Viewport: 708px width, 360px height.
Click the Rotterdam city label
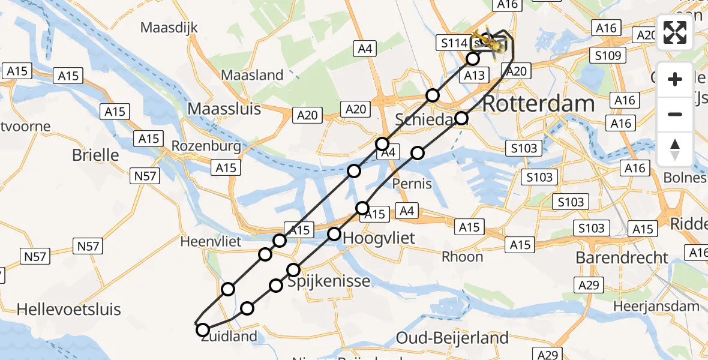(x=538, y=103)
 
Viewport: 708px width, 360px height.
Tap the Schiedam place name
(x=424, y=121)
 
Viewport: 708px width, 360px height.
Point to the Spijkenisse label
(x=328, y=281)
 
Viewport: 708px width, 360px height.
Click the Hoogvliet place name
(x=379, y=238)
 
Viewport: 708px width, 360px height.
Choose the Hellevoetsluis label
(x=68, y=310)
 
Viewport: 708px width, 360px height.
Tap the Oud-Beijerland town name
(x=452, y=338)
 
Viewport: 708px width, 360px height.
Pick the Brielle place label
(x=95, y=155)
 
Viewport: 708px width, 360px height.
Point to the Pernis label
(x=412, y=183)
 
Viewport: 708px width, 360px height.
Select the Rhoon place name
(x=462, y=257)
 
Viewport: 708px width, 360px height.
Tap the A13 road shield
(x=474, y=75)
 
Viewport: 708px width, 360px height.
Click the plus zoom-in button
(x=675, y=79)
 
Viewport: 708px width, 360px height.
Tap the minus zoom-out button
(x=675, y=114)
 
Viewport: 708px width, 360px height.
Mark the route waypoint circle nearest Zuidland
(x=203, y=330)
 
